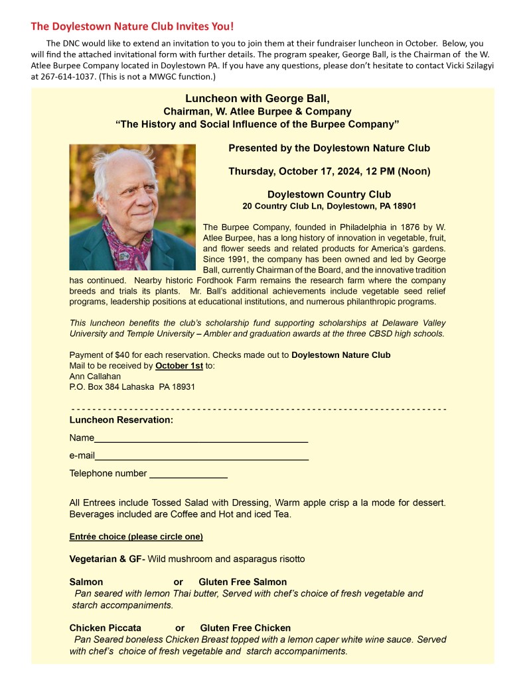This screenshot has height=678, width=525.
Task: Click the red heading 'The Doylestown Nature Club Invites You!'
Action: click(x=132, y=27)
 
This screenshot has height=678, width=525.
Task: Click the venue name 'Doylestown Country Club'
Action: click(x=329, y=194)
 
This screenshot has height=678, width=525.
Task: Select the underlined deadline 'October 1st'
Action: click(x=179, y=365)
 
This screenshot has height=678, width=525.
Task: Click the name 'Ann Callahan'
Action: click(x=96, y=376)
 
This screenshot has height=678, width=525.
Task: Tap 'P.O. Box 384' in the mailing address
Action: click(x=94, y=386)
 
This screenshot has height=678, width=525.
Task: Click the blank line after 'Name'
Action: click(x=200, y=439)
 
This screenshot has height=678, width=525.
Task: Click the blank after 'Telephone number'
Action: click(x=188, y=475)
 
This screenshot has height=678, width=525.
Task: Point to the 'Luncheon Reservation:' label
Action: click(x=121, y=420)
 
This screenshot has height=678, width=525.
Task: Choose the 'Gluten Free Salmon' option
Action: click(x=242, y=582)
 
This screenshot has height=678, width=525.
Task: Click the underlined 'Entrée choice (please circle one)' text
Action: click(x=136, y=536)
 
